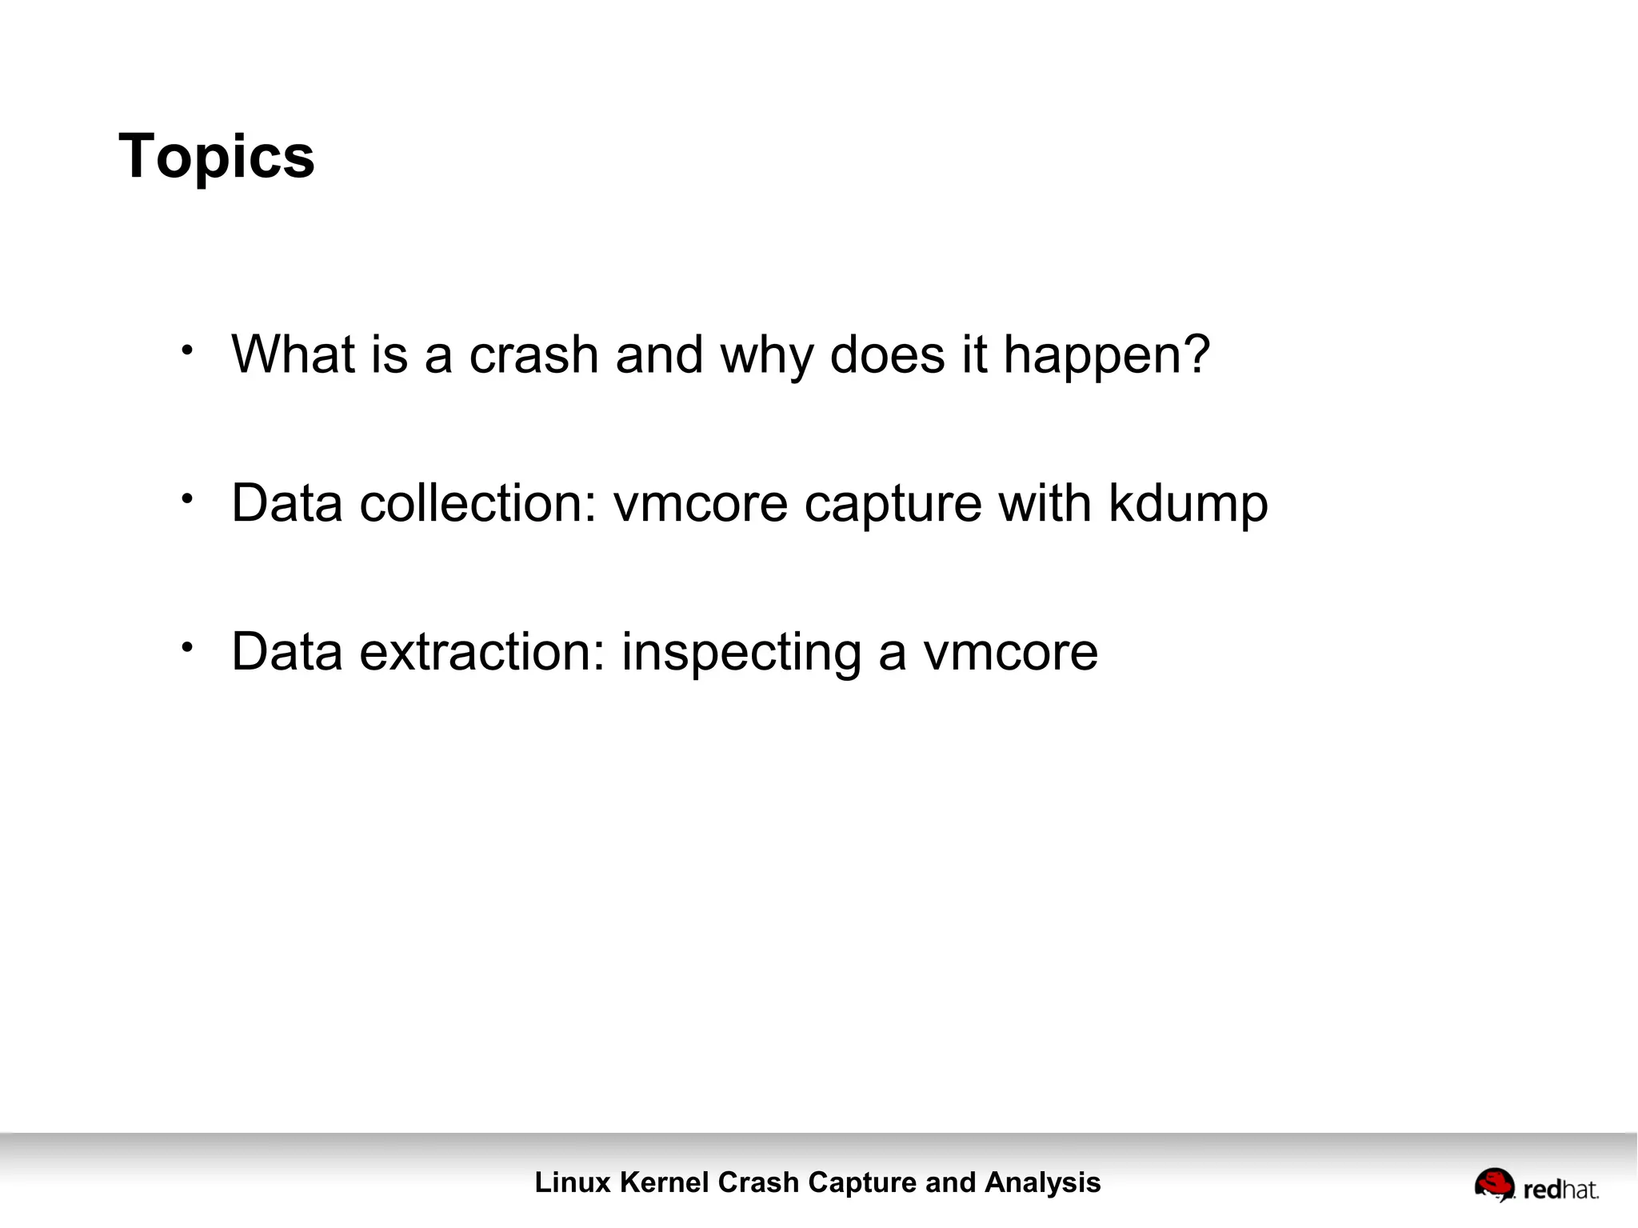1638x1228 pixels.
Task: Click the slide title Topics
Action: point(217,157)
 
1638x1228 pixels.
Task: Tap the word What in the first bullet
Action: point(293,354)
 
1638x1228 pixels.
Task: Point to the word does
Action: point(887,354)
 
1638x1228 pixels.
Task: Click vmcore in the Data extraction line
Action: point(1011,653)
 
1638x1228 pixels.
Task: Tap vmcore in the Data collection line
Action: point(701,504)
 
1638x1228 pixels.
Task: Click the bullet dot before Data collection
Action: point(187,498)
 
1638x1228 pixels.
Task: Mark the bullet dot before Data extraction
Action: point(187,647)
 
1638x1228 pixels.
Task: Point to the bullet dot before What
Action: point(187,350)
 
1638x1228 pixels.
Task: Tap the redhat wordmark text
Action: point(1560,1190)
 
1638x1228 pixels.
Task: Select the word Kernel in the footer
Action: point(664,1182)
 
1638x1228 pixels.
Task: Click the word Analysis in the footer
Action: point(1042,1182)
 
